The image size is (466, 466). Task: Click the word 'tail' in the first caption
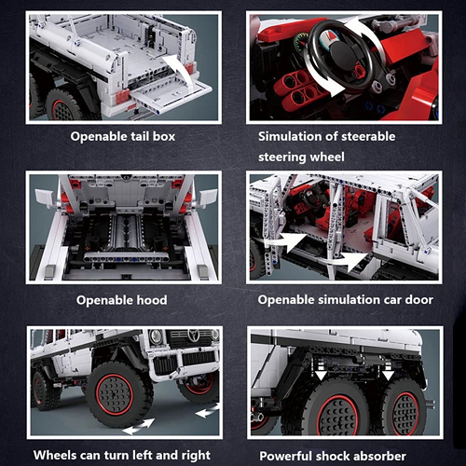tap(140, 136)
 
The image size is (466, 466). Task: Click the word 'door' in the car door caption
tap(418, 300)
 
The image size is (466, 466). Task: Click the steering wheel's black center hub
tap(341, 54)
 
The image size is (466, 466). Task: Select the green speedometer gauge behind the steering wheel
tap(300, 44)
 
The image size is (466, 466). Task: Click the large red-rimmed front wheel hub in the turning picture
tap(115, 394)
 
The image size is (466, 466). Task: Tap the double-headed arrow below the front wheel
tap(138, 427)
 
